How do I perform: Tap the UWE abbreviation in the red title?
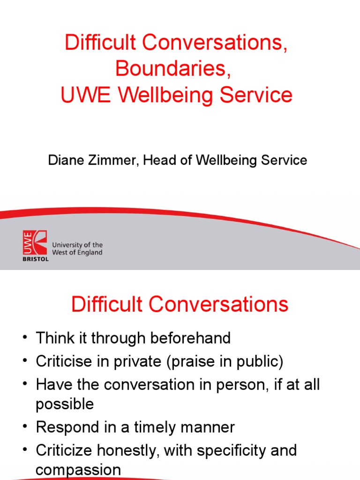point(85,95)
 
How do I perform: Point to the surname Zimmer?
point(112,160)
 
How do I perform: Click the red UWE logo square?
point(35,242)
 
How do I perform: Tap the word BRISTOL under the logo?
point(36,259)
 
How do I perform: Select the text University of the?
point(77,245)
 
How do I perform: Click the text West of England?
point(77,253)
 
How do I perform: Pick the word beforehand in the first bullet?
point(190,338)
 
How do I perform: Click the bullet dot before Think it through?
point(25,337)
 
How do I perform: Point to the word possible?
point(65,405)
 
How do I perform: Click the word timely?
point(155,427)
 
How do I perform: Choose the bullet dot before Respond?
point(25,427)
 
